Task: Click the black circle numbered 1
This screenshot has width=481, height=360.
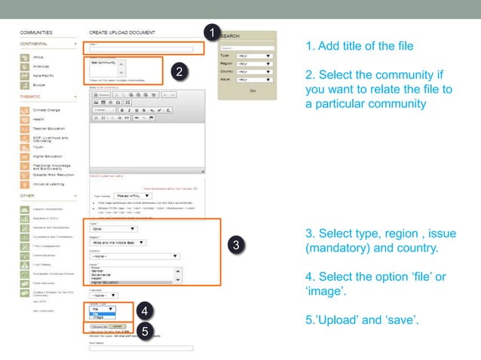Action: [212, 33]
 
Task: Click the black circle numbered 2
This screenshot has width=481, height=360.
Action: [179, 72]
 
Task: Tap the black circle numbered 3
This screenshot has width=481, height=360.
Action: [235, 246]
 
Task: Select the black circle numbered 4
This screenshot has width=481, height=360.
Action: [143, 310]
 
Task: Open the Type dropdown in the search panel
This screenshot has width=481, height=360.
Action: [254, 55]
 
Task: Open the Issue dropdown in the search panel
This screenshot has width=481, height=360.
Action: [254, 78]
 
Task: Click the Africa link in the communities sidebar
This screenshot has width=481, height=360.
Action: [38, 57]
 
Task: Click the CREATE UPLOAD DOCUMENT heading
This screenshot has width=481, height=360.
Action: [121, 33]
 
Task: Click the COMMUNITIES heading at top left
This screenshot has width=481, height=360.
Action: [36, 33]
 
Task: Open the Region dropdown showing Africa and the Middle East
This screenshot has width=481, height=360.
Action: [119, 243]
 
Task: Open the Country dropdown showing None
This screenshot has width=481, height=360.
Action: [134, 256]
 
